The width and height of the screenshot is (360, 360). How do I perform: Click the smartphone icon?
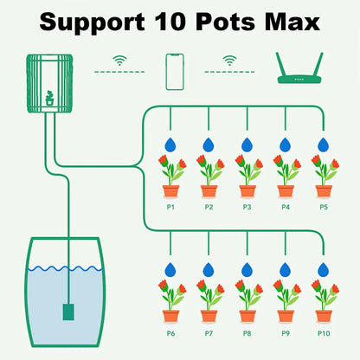coord(174,74)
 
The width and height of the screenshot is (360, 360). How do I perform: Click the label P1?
coord(170,208)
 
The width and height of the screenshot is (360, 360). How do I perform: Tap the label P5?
coord(324,208)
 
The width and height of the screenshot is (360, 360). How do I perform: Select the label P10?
coord(324,332)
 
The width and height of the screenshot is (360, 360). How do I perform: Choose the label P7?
coord(209,332)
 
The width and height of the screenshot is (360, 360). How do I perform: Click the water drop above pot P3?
coord(247,145)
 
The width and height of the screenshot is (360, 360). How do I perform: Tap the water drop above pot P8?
coord(247,269)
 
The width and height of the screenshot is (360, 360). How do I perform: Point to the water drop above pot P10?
coord(324,269)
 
